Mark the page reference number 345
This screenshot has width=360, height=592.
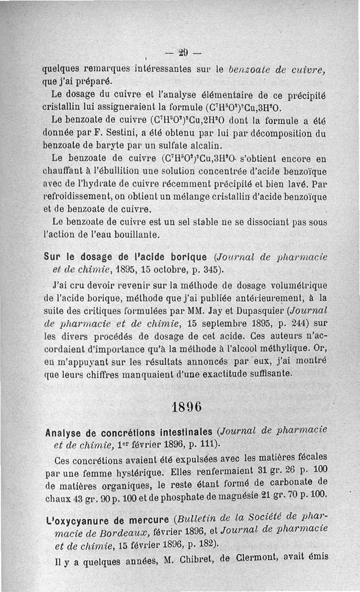[x=210, y=270]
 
